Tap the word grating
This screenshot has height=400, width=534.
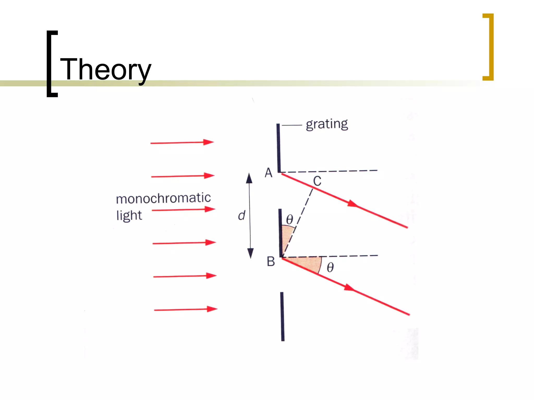click(327, 124)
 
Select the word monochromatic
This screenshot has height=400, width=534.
click(163, 198)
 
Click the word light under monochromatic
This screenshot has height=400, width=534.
click(129, 215)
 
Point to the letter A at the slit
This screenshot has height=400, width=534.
click(269, 173)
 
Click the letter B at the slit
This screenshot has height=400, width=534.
click(271, 261)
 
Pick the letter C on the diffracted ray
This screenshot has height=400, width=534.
click(317, 181)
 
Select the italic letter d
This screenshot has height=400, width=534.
click(242, 216)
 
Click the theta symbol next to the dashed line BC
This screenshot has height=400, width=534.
click(289, 219)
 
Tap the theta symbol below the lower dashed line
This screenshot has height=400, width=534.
click(330, 267)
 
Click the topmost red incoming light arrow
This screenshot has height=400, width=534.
click(182, 142)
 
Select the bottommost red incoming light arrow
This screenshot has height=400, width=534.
click(186, 309)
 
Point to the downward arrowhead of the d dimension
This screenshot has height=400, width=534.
click(250, 253)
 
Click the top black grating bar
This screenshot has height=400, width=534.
click(278, 148)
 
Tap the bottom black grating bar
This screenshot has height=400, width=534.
click(282, 316)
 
